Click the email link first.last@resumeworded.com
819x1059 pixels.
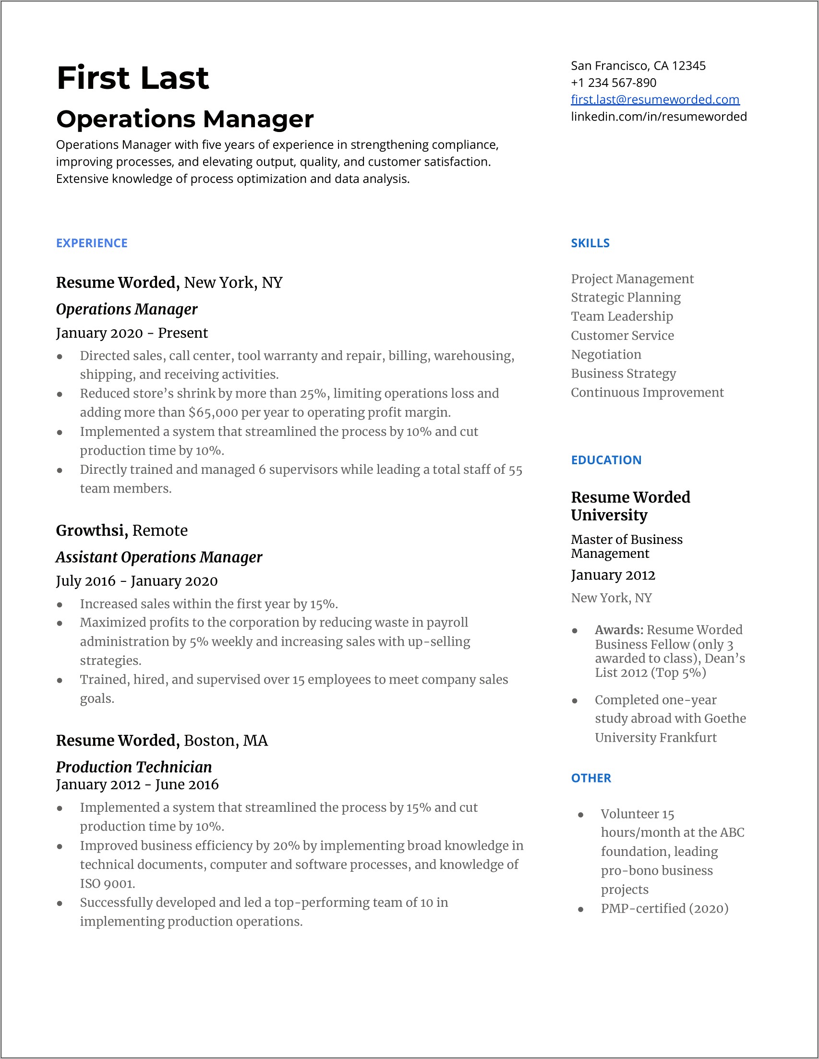click(x=655, y=99)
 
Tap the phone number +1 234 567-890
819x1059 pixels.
click(x=614, y=83)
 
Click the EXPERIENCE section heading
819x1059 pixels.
click(x=92, y=243)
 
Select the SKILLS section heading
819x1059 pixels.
click(x=590, y=243)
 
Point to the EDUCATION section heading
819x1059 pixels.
click(x=606, y=460)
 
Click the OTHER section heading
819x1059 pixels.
click(x=590, y=778)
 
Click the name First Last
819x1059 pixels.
click(x=132, y=78)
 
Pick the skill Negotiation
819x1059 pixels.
click(x=606, y=354)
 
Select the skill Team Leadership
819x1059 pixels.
click(x=622, y=316)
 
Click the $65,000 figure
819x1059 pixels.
click(x=213, y=413)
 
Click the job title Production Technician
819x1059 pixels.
click(x=134, y=767)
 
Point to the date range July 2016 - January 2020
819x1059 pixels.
click(x=137, y=581)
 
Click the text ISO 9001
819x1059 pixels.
click(x=107, y=884)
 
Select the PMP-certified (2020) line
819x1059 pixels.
click(x=664, y=908)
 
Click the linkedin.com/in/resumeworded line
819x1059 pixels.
click(x=659, y=117)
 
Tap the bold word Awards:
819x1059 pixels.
click(x=619, y=630)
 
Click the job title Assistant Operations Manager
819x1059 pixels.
click(x=159, y=557)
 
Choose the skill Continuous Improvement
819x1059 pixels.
click(x=647, y=392)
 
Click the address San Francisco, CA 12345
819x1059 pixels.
click(x=638, y=65)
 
